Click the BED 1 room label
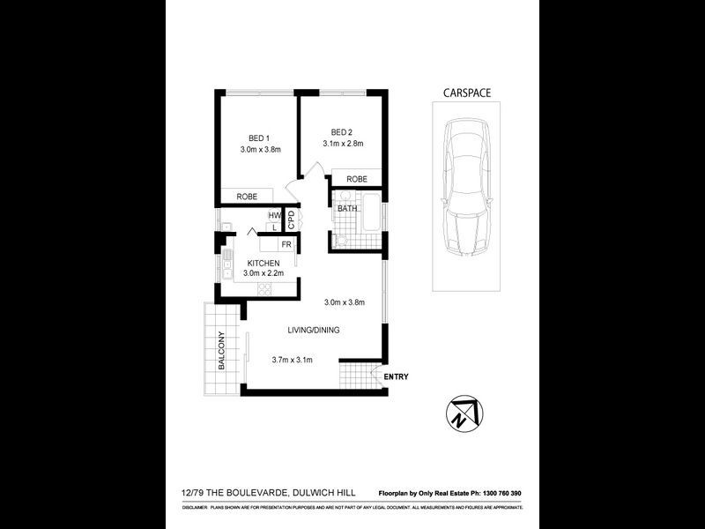point(258,138)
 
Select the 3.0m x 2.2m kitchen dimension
point(263,274)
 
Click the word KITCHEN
point(263,263)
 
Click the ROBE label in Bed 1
point(247,197)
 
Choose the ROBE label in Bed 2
point(356,179)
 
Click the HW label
point(274,215)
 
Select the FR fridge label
point(286,243)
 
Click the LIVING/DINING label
point(313,331)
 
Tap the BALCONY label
point(222,350)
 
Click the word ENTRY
point(396,377)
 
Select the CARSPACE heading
point(466,92)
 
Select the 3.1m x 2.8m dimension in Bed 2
point(343,143)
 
